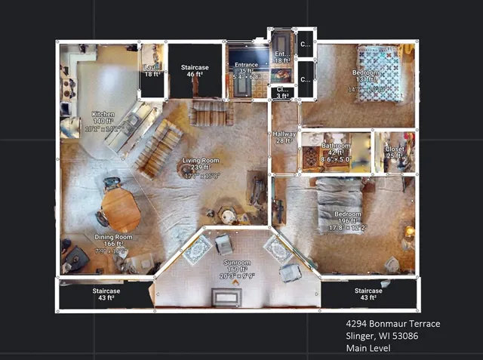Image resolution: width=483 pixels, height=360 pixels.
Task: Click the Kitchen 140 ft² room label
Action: (103, 121)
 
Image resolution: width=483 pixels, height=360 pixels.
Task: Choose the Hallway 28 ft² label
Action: (285, 137)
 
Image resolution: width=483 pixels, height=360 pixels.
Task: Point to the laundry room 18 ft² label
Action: (152, 70)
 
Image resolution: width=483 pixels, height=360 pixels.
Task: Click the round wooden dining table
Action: (121, 209)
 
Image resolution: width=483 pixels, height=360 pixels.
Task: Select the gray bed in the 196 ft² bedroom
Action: (340, 204)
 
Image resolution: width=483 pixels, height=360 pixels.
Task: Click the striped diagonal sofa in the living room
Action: (158, 147)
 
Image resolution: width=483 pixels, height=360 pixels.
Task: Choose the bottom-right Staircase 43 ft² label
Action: (368, 294)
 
